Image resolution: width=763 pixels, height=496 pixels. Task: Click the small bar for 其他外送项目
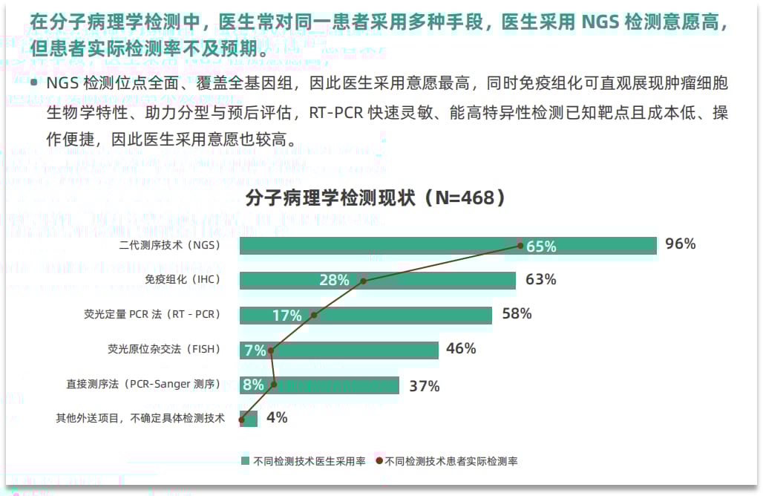coord(250,419)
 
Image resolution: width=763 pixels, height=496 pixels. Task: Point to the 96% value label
coord(680,244)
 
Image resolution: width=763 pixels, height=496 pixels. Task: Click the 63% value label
coord(540,280)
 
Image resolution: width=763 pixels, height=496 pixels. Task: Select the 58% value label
coord(517,314)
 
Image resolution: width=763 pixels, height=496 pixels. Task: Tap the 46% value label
coord(461,349)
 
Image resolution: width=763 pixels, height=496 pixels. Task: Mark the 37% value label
coord(424,386)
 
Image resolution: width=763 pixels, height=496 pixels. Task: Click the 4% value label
coord(276,418)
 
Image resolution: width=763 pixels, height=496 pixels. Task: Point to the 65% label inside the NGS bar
coord(541,247)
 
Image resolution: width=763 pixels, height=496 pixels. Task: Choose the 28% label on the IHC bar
coord(334,281)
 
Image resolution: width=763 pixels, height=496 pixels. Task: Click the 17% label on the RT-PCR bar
coord(286,316)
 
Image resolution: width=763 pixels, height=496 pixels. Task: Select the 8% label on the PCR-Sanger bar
coord(253,385)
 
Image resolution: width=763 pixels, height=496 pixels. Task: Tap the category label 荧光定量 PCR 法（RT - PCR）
coord(152,315)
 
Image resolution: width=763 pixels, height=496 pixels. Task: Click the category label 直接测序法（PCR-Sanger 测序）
coord(143,385)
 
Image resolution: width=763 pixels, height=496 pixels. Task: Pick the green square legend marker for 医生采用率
coord(246,461)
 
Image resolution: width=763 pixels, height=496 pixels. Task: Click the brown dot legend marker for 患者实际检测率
coord(379,461)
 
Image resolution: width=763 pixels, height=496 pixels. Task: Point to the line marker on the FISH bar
coord(271,350)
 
